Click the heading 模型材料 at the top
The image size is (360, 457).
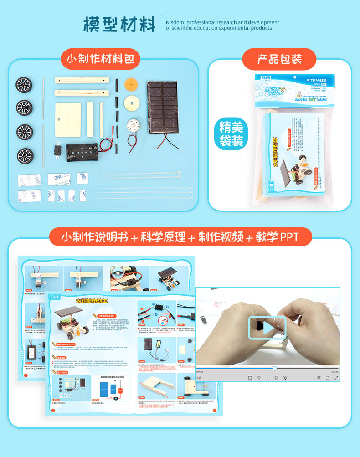(119, 25)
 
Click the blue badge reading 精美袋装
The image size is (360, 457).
(231, 133)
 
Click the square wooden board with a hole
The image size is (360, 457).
(68, 119)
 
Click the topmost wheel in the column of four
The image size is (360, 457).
(24, 85)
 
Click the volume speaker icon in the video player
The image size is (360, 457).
(199, 377)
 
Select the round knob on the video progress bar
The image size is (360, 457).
(275, 368)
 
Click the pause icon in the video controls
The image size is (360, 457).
(267, 377)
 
